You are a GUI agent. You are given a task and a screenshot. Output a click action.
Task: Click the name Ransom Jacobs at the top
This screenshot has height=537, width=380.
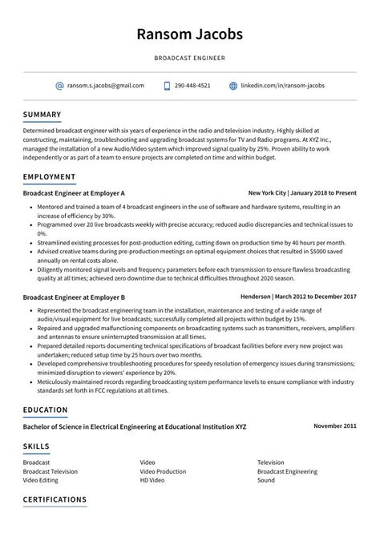click(190, 34)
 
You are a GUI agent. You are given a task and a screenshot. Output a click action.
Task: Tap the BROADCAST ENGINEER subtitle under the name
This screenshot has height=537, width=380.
click(190, 59)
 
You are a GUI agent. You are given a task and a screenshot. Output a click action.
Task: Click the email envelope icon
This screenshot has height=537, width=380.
click(59, 85)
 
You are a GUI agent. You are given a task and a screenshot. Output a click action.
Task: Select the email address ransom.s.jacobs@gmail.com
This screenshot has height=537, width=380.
click(106, 85)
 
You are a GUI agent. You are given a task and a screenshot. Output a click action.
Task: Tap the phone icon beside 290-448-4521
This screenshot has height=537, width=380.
click(167, 85)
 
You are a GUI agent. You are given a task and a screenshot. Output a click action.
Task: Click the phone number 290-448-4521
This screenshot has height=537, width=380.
click(192, 85)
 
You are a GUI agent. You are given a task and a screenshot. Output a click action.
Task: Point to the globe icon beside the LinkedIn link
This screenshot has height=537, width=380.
click(233, 85)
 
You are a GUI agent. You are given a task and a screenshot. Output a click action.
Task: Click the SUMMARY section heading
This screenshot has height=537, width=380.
click(42, 114)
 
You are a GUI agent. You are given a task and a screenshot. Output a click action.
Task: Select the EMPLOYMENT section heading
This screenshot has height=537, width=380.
click(50, 176)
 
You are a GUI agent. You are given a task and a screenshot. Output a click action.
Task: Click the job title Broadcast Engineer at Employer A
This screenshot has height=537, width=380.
click(74, 193)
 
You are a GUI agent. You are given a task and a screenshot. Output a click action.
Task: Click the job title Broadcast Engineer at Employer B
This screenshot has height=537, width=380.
click(74, 297)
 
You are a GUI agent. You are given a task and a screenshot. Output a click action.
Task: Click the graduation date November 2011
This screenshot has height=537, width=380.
click(334, 426)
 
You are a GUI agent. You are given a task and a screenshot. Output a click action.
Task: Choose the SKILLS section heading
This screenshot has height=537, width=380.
click(36, 446)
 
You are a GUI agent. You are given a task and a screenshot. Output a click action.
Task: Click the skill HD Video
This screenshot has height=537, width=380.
click(152, 480)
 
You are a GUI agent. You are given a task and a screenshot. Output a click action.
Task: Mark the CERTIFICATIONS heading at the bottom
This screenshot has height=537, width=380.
click(55, 499)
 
